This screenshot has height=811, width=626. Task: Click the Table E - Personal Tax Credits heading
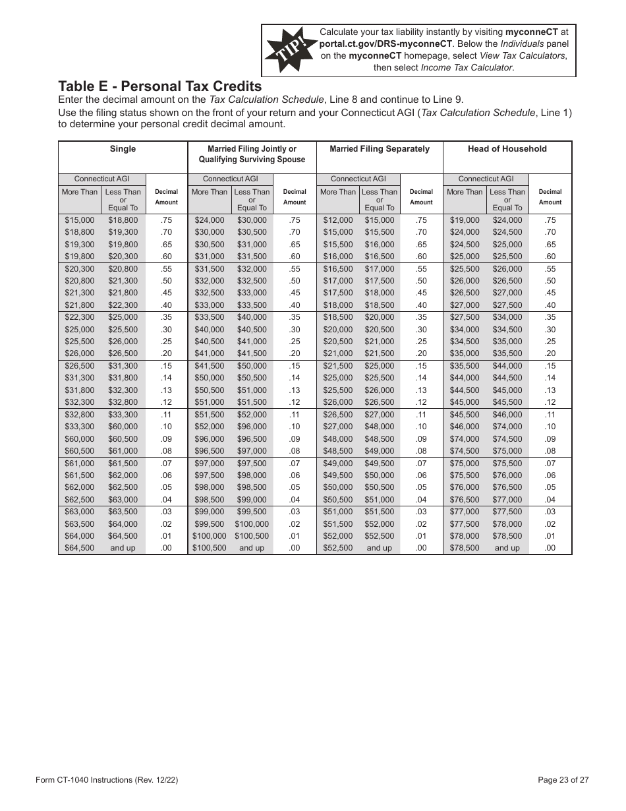[x=160, y=86]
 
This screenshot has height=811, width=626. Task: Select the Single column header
[x=123, y=149]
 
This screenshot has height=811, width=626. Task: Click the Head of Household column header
[x=507, y=149]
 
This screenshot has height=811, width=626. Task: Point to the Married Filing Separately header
[x=380, y=149]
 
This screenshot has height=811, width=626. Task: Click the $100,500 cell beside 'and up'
[x=209, y=548]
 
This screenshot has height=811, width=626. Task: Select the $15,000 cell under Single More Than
[x=79, y=220]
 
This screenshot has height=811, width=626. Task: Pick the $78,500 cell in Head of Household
[x=465, y=548]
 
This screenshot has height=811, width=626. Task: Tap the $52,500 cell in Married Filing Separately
[x=337, y=548]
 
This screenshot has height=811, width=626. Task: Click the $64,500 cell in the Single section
[x=79, y=548]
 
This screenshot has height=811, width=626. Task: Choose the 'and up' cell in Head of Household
[x=507, y=548]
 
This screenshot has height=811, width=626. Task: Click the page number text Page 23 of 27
[x=563, y=780]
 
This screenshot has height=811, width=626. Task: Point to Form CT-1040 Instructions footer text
[x=107, y=780]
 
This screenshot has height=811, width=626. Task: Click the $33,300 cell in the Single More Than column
[x=79, y=427]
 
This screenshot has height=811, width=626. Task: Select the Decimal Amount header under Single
[x=166, y=197]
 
